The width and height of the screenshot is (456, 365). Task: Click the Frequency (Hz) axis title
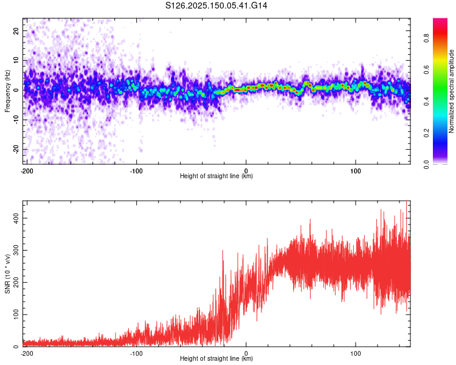pyautogui.click(x=8, y=92)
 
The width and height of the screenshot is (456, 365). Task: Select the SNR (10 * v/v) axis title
pyautogui.click(x=8, y=273)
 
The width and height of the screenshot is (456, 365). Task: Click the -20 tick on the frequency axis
pyautogui.click(x=15, y=149)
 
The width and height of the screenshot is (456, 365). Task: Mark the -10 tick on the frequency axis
pyautogui.click(x=15, y=119)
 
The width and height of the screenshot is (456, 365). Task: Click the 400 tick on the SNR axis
pyautogui.click(x=15, y=217)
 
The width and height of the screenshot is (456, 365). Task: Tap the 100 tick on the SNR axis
pyautogui.click(x=15, y=315)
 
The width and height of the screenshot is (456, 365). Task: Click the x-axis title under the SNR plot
pyautogui.click(x=216, y=359)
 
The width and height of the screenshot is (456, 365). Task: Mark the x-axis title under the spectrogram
pyautogui.click(x=216, y=177)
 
